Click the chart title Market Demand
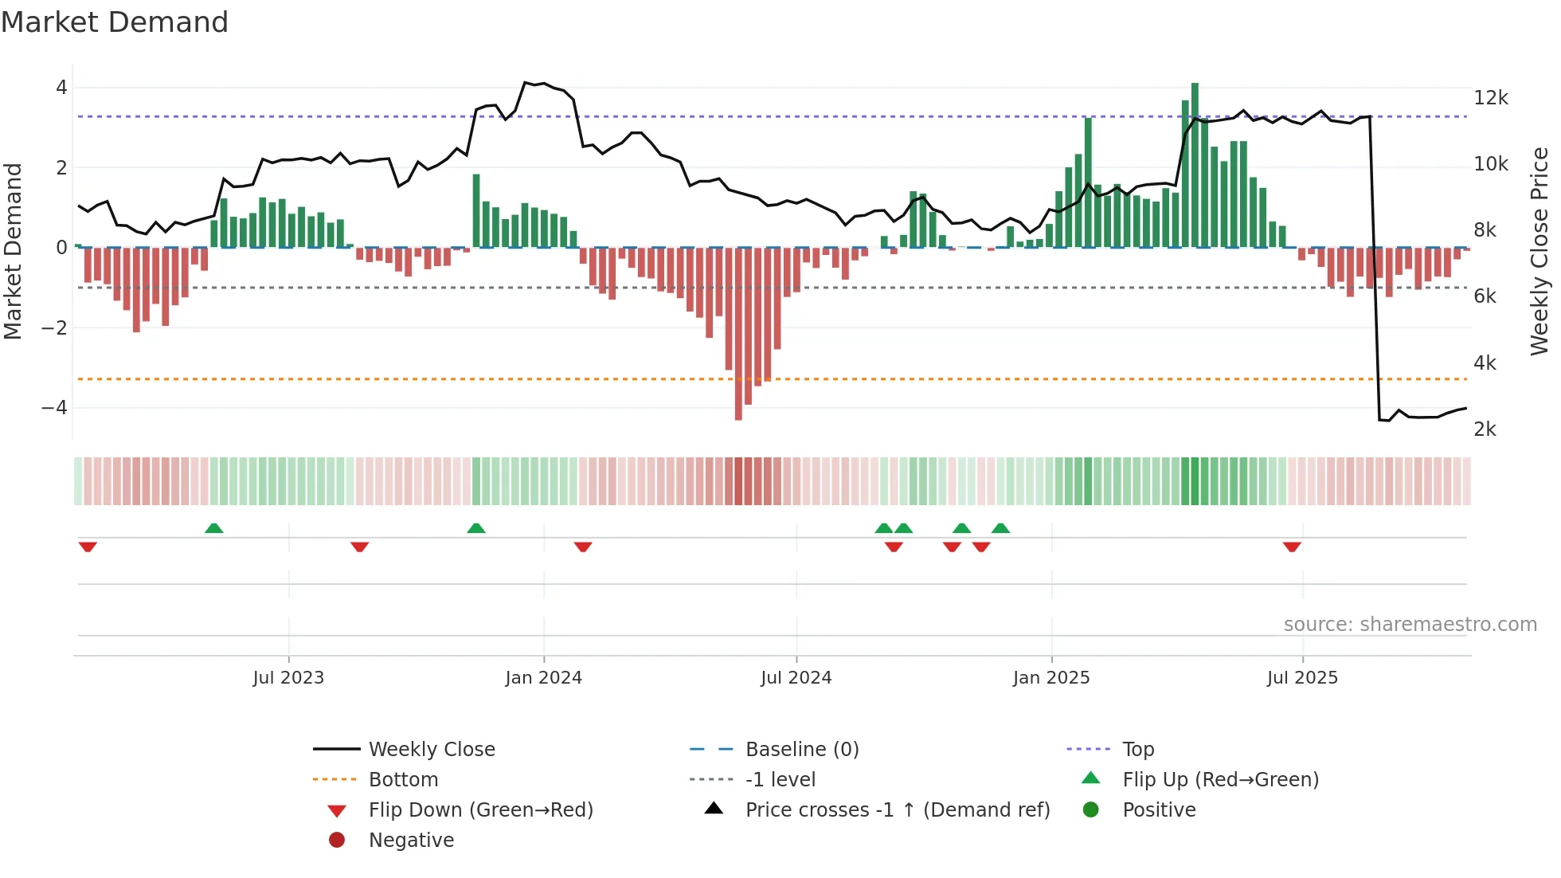click(x=115, y=22)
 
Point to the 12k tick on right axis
click(x=1490, y=98)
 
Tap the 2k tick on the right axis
click(x=1485, y=429)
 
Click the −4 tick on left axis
click(x=54, y=408)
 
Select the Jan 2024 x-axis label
click(x=543, y=678)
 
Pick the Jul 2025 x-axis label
click(x=1302, y=678)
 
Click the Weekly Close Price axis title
click(x=1539, y=251)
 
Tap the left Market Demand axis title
click(x=13, y=251)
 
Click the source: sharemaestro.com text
click(x=1410, y=625)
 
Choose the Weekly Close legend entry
click(x=431, y=750)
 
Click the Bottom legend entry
click(x=403, y=780)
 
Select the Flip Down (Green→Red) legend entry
click(x=480, y=810)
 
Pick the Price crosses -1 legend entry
click(x=897, y=810)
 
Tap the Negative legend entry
click(x=411, y=841)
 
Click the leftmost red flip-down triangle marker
click(x=88, y=547)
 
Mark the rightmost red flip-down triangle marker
click(x=1292, y=547)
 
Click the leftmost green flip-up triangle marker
click(x=213, y=528)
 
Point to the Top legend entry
click(x=1137, y=750)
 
